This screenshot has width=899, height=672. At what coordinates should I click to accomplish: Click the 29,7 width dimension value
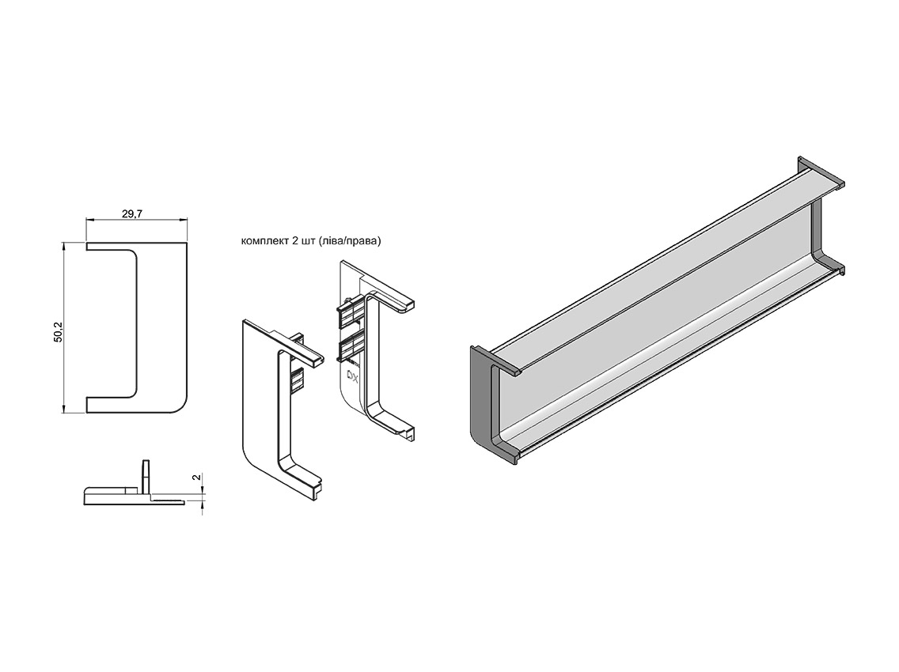point(131,214)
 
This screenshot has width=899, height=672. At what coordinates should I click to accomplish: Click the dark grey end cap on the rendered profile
point(480,403)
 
